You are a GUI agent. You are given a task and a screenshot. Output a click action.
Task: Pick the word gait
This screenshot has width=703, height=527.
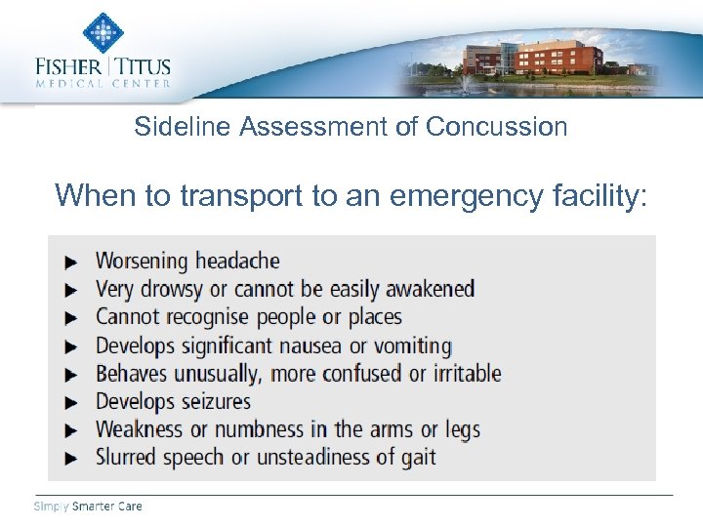point(418,458)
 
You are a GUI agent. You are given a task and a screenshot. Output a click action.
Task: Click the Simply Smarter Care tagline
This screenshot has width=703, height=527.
point(88,507)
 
